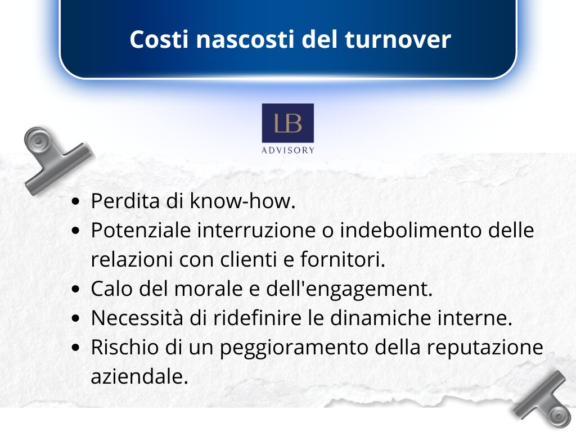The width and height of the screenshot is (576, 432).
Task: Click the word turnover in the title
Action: tap(398, 39)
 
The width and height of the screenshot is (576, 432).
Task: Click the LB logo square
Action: tap(287, 123)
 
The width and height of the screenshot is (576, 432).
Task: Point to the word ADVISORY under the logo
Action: tap(287, 150)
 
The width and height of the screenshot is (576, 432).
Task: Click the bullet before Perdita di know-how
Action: tap(76, 202)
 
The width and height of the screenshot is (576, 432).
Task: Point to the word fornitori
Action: tap(343, 259)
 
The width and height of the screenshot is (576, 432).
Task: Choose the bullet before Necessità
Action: tap(76, 318)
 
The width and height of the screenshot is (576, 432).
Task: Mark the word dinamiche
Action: tap(381, 318)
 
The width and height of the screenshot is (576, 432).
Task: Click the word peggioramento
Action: tap(294, 348)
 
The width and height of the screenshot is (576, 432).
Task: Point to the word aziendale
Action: tap(139, 376)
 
